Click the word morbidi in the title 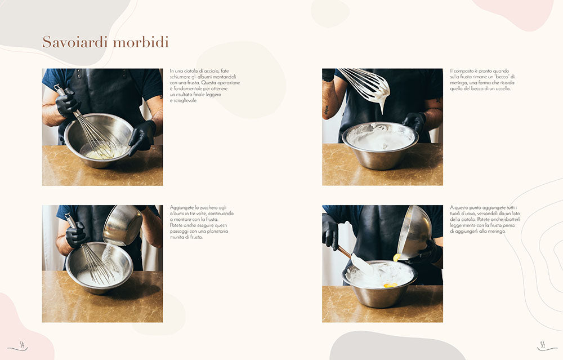(x=141, y=43)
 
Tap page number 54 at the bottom (x=21, y=345)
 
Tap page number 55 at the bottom (x=542, y=345)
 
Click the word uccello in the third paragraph (x=500, y=88)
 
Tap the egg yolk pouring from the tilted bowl (x=397, y=257)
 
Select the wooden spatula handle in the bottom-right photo (x=343, y=251)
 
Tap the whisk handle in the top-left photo (x=60, y=90)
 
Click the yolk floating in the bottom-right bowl (x=389, y=285)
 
